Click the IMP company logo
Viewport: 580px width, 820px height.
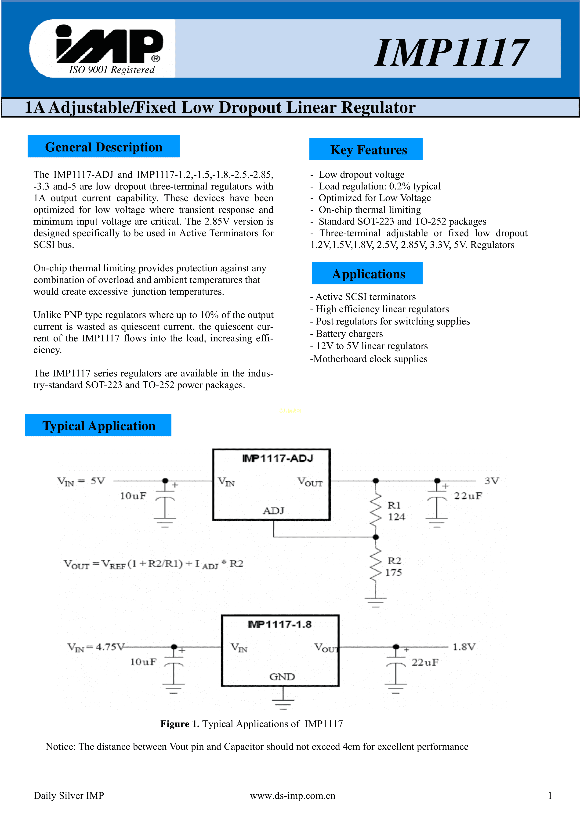click(x=109, y=45)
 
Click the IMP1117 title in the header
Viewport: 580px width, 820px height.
click(x=451, y=53)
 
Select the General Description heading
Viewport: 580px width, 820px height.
click(x=103, y=147)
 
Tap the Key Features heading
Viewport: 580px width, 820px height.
click(x=368, y=150)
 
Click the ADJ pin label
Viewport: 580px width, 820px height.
click(x=273, y=511)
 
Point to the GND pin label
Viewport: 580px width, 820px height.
click(x=282, y=677)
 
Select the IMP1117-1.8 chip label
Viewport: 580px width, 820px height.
click(x=280, y=624)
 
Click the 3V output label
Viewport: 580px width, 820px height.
click(x=492, y=481)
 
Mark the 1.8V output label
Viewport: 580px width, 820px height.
click(x=464, y=647)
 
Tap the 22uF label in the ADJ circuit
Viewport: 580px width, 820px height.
click(x=468, y=496)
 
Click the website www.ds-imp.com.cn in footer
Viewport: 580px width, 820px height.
click(x=292, y=796)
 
